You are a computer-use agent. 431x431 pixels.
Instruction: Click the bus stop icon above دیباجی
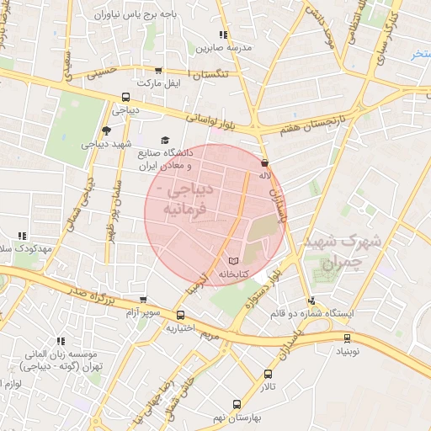coord(125,97)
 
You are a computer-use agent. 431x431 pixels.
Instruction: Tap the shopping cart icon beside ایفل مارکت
coord(157,71)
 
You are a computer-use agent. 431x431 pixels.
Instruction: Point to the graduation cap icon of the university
coord(165,141)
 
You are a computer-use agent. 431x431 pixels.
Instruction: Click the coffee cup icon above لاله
coord(265,163)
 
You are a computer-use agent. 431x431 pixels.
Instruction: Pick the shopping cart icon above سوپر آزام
coord(145,299)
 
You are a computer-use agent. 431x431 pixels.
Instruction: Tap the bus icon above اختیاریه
coord(180,316)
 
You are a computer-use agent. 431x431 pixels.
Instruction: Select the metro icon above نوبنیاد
coord(347,338)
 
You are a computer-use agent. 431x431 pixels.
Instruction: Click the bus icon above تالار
coord(268,374)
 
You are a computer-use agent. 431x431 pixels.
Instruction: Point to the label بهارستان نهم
coord(237,418)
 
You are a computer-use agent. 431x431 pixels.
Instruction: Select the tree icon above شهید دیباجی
coord(105,130)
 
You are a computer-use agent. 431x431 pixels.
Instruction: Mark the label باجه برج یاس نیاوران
coord(133,15)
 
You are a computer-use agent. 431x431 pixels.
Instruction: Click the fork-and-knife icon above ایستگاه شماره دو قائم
coord(311,300)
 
